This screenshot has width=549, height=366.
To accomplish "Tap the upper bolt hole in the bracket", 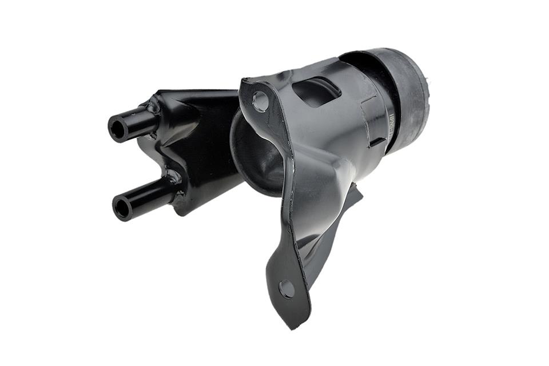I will [x=261, y=101].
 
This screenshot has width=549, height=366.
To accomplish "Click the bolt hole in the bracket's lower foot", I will [x=287, y=289].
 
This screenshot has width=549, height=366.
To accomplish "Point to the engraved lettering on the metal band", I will [x=391, y=124].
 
